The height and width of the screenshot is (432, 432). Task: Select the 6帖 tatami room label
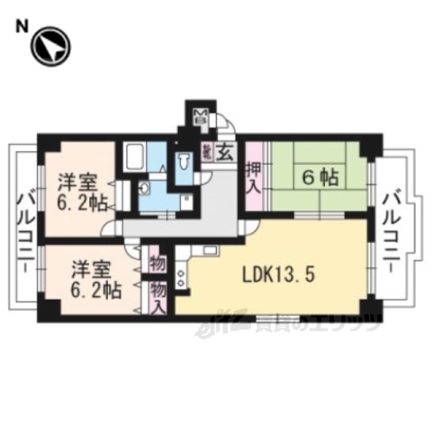coord(314,178)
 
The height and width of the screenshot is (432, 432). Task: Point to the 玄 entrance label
coord(226,153)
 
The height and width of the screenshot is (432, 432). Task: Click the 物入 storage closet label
coord(157,296)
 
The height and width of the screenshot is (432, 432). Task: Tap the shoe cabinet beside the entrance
coord(207,155)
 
